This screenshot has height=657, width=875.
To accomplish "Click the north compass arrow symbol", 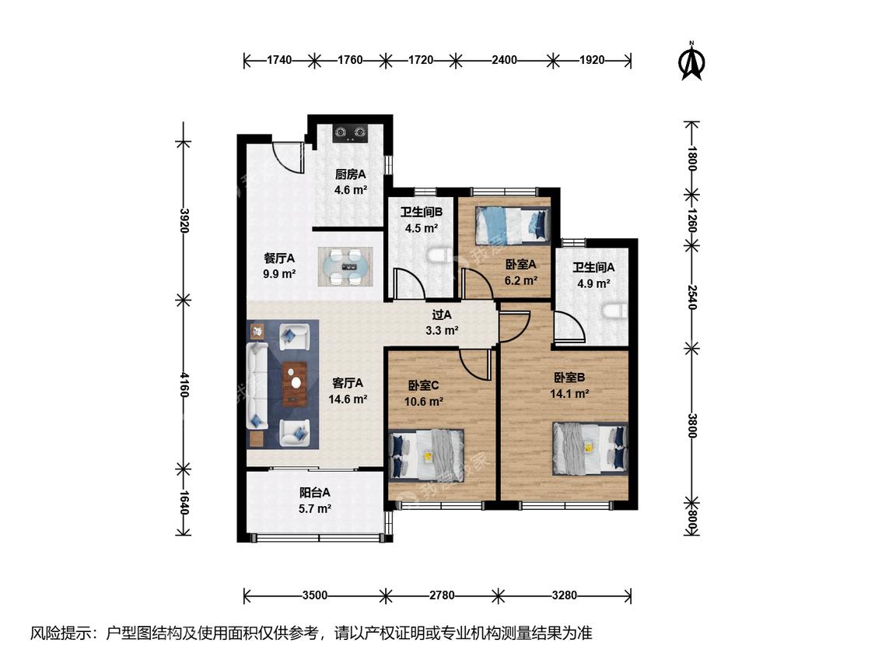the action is [692, 61].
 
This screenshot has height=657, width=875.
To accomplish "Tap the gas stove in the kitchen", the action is [351, 133].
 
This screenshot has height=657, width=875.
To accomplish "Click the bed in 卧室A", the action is [513, 225].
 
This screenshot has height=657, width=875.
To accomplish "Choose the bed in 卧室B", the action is [590, 448].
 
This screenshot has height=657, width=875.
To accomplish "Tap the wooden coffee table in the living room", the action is [295, 384].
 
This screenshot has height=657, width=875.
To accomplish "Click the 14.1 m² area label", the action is [569, 393].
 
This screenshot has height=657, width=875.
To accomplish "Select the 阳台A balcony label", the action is [315, 492].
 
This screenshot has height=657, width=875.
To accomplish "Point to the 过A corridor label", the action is [442, 315].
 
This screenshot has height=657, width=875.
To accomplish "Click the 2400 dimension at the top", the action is [505, 60].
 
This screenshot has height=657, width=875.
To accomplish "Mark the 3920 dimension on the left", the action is [184, 220].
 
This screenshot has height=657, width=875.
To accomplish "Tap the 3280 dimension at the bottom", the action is [564, 595].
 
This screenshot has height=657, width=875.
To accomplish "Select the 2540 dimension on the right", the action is [692, 297].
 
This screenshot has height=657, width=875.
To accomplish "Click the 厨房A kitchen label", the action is [351, 174].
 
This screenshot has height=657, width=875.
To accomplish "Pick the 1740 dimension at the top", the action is [279, 60].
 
